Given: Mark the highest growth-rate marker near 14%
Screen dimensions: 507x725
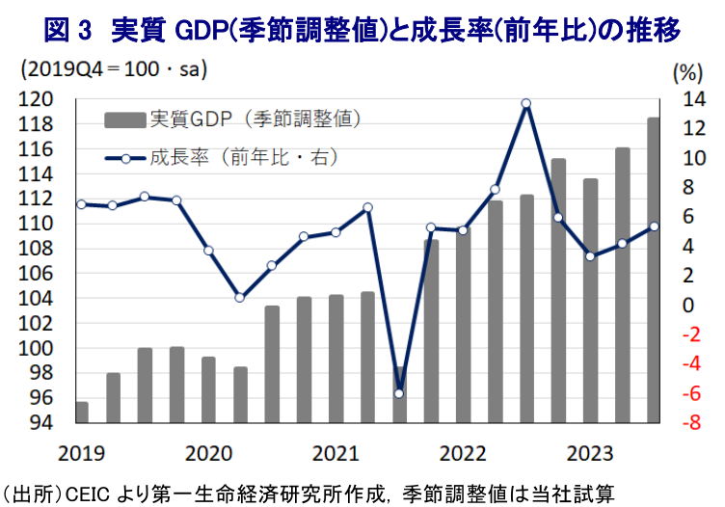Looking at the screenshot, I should (526, 103).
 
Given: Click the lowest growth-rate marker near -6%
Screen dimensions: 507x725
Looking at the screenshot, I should (399, 393).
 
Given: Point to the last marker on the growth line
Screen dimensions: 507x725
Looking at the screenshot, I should (654, 227).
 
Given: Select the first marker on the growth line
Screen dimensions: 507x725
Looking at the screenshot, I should (81, 204).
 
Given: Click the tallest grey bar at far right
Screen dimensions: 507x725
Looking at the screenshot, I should (654, 270).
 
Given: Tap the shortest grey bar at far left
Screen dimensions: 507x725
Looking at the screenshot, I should (82, 413).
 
